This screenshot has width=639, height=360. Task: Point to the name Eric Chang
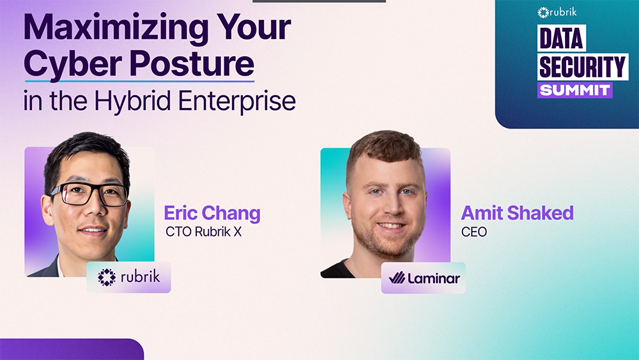click(x=212, y=213)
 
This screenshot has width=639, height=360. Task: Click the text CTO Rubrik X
click(x=203, y=231)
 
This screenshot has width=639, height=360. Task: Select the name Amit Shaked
click(x=517, y=213)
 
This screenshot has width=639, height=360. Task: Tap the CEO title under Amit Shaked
click(x=473, y=231)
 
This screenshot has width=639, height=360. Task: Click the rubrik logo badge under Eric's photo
click(x=128, y=277)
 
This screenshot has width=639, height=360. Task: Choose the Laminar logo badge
click(x=423, y=278)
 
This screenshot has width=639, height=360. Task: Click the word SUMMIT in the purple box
click(x=574, y=90)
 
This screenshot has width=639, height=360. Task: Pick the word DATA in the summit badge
click(x=561, y=39)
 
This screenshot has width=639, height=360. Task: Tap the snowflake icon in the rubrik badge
click(x=106, y=277)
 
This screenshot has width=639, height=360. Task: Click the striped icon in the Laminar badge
click(x=397, y=278)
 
